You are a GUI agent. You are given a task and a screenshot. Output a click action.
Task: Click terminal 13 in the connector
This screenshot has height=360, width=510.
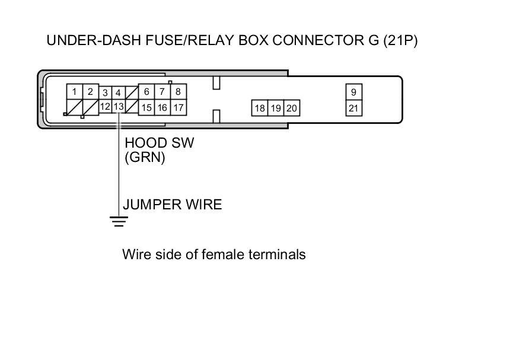pos(119,107)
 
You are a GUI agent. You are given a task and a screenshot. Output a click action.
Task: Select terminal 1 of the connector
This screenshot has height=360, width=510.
pos(74,92)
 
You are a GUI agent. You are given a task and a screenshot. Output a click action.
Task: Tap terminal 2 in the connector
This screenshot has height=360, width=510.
pos(90,92)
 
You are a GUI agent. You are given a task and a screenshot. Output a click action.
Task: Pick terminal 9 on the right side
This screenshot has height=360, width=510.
pos(353,92)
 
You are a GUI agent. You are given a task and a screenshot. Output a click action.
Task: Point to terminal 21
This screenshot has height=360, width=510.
pos(353,108)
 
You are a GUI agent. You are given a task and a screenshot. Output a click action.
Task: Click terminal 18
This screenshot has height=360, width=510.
pos(260,108)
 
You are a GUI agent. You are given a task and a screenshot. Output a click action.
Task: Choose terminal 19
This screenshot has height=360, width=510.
pos(276,108)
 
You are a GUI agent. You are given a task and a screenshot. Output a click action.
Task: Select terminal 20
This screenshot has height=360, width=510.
pos(291,108)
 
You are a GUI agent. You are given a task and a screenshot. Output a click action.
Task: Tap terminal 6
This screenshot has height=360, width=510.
pos(146,92)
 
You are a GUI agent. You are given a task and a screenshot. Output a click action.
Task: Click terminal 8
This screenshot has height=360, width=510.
pos(177,92)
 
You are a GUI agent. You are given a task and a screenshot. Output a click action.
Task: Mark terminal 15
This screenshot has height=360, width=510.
pos(146,108)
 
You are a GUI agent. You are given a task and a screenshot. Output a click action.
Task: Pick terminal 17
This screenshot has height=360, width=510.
pos(177,108)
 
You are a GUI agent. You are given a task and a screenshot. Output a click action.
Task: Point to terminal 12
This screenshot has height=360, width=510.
pos(105,107)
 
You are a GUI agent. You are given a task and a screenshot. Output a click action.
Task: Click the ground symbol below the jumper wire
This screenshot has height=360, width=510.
pos(119,222)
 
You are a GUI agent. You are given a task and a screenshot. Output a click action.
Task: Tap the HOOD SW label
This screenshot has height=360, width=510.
pos(159,143)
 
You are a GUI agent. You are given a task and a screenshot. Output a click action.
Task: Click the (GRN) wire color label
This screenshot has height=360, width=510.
pos(145,158)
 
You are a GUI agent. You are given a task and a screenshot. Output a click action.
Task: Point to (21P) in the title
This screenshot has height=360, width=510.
pos(400,41)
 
